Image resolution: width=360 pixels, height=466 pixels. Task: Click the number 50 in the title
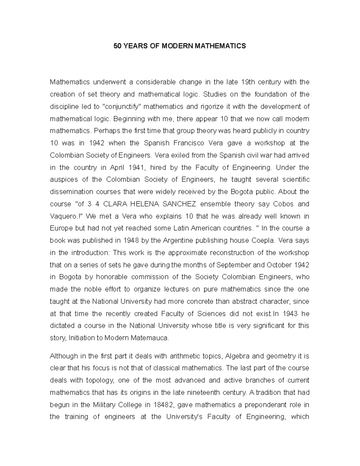(117, 46)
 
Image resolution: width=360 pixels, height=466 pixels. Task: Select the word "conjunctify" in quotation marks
(122, 107)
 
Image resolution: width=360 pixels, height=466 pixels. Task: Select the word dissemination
(71, 192)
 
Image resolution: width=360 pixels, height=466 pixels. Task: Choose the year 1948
(130, 240)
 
